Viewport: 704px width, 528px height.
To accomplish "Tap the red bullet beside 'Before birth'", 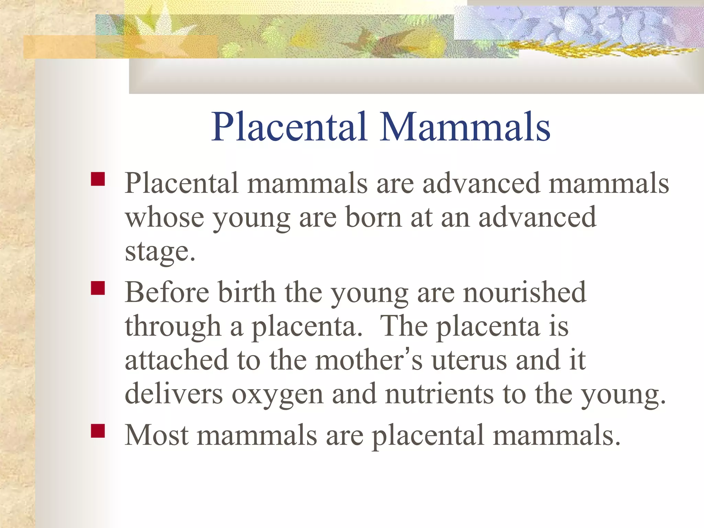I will (98, 288).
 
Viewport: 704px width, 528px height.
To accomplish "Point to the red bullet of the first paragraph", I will (98, 179).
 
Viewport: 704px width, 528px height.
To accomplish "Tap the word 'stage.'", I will (160, 252).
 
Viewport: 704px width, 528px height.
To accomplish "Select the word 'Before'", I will (167, 292).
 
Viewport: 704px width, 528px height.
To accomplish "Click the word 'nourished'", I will (524, 292).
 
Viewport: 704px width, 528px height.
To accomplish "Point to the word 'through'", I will (173, 327).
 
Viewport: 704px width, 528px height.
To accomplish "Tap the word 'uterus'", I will (469, 360).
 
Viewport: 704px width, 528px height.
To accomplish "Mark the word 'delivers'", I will (174, 394).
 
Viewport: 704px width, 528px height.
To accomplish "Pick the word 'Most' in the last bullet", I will (157, 435).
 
